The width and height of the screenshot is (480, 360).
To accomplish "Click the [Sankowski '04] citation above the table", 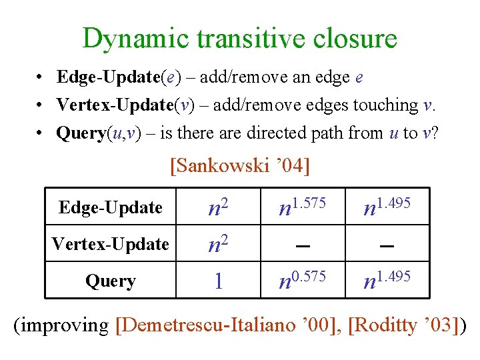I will point(240,165).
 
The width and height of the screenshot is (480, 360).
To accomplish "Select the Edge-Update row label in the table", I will point(111,207).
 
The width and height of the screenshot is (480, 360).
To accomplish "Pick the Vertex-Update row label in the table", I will point(111,244).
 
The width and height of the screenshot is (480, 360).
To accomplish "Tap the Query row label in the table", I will point(111,281).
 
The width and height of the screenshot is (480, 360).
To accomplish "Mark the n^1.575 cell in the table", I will point(302,207).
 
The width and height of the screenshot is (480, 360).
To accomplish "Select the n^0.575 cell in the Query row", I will point(302,281).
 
